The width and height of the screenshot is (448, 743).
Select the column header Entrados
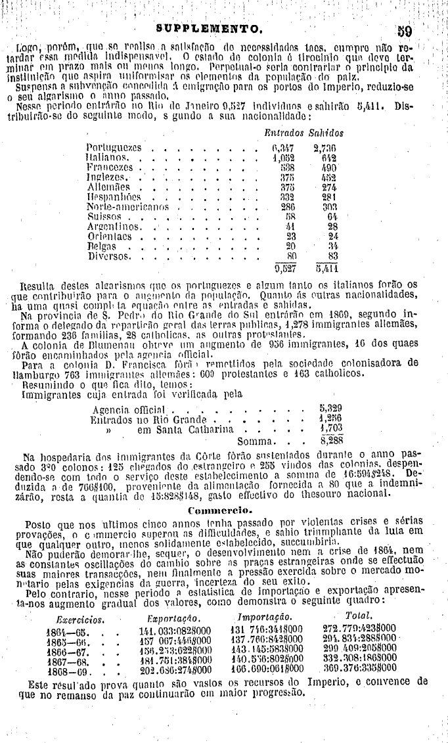pyautogui.click(x=281, y=133)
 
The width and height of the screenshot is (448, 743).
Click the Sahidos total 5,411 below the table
pyautogui.click(x=326, y=267)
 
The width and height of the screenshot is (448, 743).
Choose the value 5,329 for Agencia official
pyautogui.click(x=330, y=408)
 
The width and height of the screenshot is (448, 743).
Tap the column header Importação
pyautogui.click(x=265, y=618)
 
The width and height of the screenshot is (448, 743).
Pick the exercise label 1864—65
pyautogui.click(x=64, y=630)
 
